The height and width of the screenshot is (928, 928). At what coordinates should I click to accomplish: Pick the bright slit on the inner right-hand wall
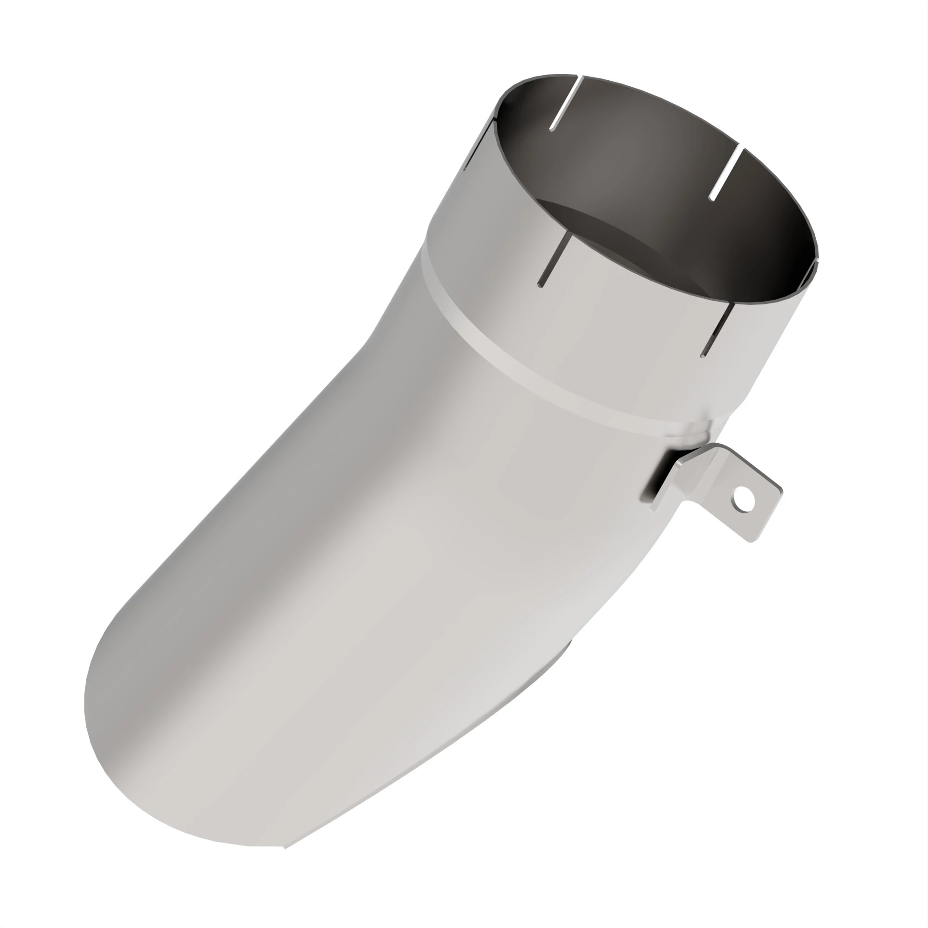click(x=725, y=174)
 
